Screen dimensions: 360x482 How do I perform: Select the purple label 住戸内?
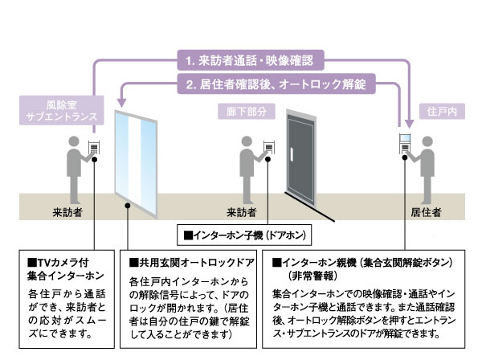click(x=440, y=110)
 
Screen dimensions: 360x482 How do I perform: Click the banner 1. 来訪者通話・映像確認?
click(x=250, y=59)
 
